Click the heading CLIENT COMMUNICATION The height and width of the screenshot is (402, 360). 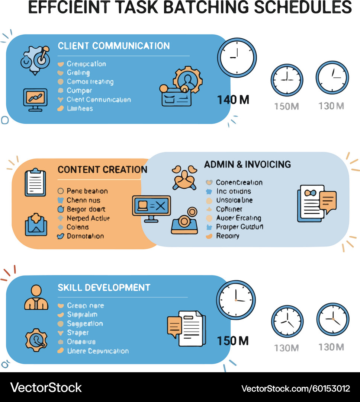coord(113,46)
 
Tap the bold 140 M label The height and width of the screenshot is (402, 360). coord(233,100)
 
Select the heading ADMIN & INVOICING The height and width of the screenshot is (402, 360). coord(247,164)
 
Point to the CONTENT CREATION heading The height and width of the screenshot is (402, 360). coord(102,170)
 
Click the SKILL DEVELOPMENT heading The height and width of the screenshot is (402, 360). coord(104,287)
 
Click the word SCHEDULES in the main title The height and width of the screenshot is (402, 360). coord(303,7)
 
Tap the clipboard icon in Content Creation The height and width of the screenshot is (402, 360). coord(35,182)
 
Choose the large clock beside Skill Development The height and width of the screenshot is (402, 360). coord(236,300)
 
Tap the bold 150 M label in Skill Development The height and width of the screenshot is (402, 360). coord(233,341)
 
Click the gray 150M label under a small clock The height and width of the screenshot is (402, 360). coord(286,106)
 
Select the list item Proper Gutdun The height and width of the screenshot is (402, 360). coord(240,227)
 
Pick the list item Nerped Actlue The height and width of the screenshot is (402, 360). coord(88,218)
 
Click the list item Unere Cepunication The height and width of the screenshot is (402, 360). coord(98,351)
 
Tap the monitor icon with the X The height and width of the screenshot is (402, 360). coord(151,207)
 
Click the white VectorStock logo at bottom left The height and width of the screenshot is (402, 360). coord(46,387)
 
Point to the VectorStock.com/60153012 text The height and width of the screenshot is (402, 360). coord(296,388)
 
